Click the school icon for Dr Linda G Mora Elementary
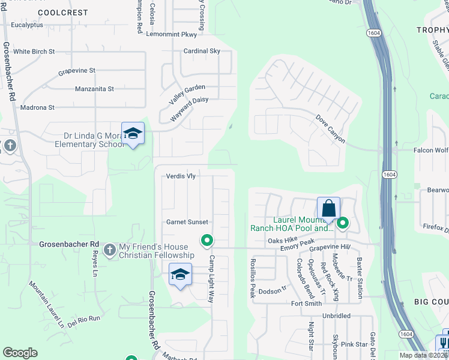click(x=133, y=133)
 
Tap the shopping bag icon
click(x=328, y=209)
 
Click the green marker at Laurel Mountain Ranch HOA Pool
click(x=343, y=224)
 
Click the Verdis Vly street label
click(x=181, y=176)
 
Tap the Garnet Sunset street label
click(x=187, y=222)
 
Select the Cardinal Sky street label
click(x=202, y=51)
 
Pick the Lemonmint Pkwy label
click(x=171, y=34)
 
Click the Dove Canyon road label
click(x=331, y=129)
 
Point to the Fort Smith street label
click(x=306, y=304)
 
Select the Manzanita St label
click(x=94, y=89)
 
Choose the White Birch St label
click(x=34, y=52)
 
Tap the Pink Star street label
click(x=354, y=344)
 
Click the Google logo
click(x=20, y=353)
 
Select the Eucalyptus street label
click(x=27, y=25)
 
